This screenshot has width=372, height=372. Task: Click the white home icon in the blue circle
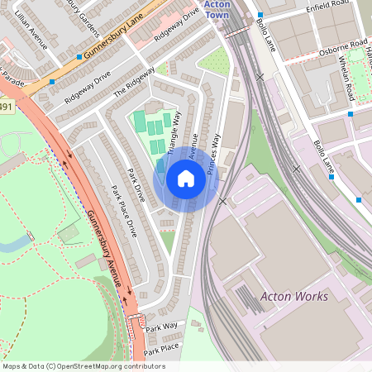click(x=186, y=179)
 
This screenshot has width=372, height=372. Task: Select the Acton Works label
click(x=293, y=296)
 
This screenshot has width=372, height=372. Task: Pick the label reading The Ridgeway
click(x=134, y=81)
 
